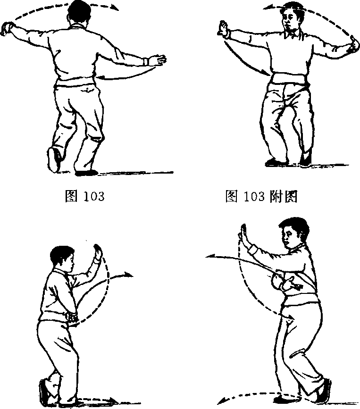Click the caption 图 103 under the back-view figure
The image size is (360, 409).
point(84,196)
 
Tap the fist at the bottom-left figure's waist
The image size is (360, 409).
point(72,317)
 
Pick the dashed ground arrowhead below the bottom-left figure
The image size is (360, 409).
point(112,400)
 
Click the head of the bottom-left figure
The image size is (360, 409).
point(63,258)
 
